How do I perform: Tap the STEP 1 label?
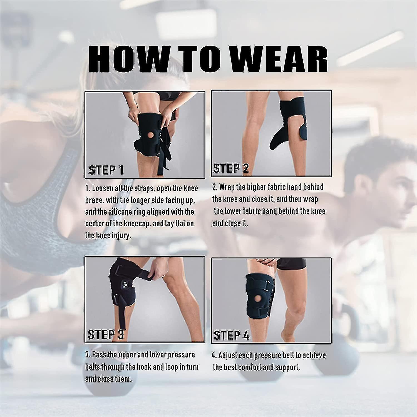(x=106, y=170)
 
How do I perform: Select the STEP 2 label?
(x=231, y=168)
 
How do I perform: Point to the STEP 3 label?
(x=106, y=334)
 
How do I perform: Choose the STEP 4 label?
(x=231, y=335)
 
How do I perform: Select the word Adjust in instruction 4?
(x=228, y=355)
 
